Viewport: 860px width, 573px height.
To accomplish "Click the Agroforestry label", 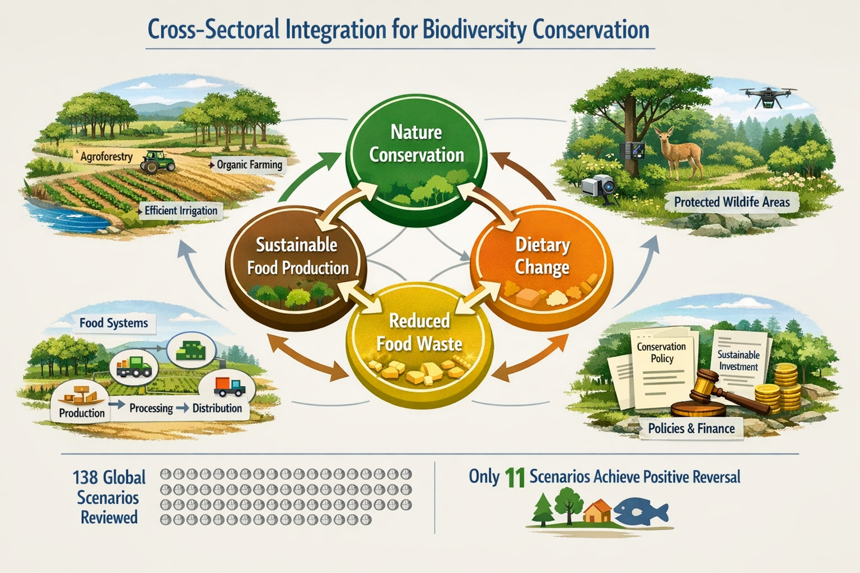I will (106, 156).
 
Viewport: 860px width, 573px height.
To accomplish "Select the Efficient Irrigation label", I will (180, 210).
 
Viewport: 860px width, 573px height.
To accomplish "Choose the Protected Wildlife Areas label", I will (731, 202).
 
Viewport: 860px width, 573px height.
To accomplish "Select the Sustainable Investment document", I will (739, 360).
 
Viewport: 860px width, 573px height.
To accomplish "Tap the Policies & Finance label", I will (691, 429).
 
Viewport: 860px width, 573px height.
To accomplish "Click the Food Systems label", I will (114, 323).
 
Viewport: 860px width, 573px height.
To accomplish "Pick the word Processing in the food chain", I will (151, 408).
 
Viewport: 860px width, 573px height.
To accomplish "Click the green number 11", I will (514, 477).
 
